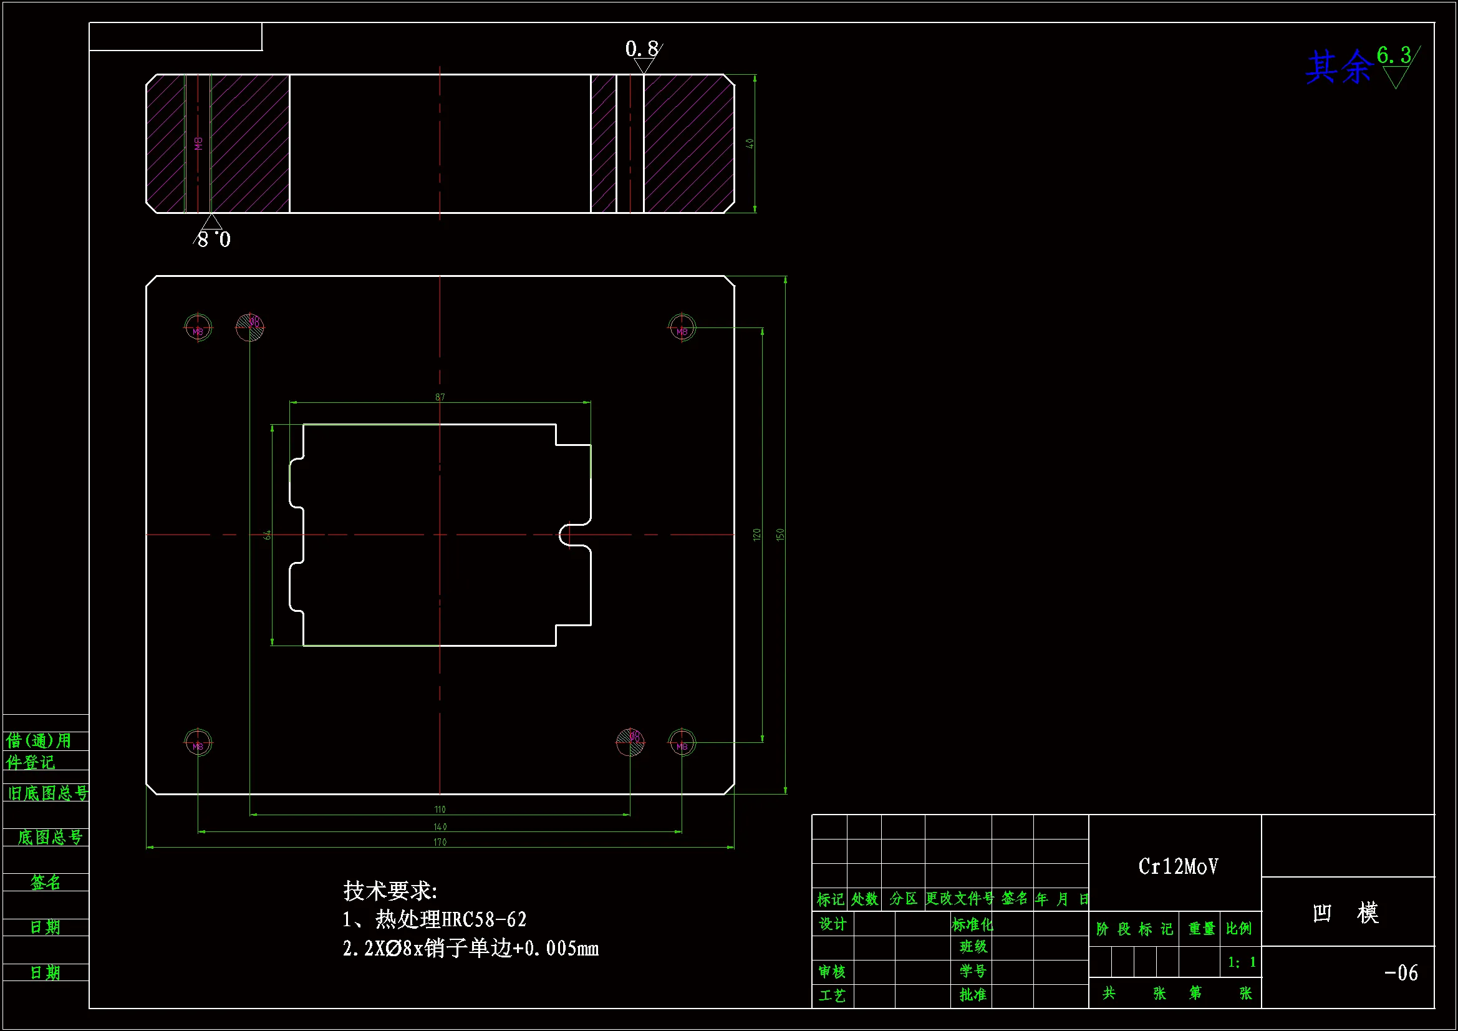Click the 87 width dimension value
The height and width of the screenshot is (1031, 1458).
point(440,397)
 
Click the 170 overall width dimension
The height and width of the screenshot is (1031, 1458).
point(440,843)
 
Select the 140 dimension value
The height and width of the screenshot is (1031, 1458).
point(440,827)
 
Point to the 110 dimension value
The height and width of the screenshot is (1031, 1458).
point(440,810)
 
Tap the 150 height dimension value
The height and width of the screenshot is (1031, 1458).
point(780,535)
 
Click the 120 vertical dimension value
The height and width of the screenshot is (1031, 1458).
point(756,535)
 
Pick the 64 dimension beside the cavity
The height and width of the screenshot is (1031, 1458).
point(268,535)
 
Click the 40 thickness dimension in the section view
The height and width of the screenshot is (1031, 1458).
point(750,143)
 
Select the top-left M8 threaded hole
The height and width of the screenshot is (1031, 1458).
point(198,328)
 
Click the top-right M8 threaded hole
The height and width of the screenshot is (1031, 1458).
point(682,328)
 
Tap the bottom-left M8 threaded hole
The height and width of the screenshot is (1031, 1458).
point(198,742)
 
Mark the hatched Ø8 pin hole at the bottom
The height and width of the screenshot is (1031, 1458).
point(630,742)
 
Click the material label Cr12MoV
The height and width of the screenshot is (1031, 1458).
point(1178,866)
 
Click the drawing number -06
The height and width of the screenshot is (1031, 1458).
point(1401,972)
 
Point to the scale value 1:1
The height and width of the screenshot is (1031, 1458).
point(1242,962)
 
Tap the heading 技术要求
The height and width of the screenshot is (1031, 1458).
point(390,891)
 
